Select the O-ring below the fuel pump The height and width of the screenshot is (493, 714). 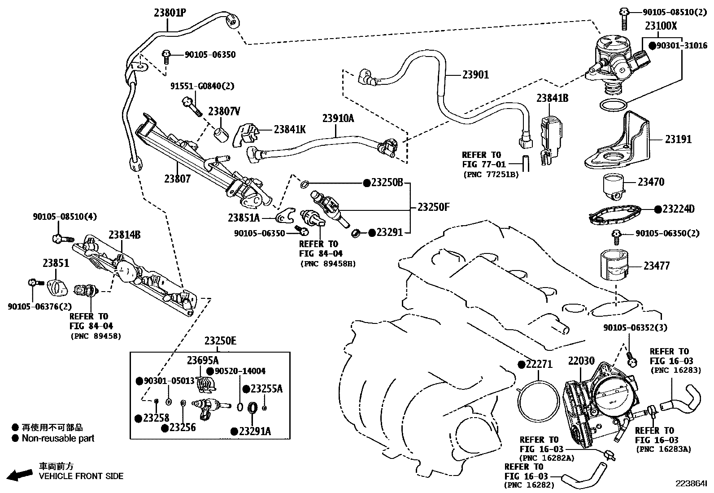pyautogui.click(x=613, y=105)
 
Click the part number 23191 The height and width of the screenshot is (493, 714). pyautogui.click(x=678, y=140)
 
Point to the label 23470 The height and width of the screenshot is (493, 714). pyautogui.click(x=651, y=182)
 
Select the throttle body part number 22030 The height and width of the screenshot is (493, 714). pyautogui.click(x=582, y=361)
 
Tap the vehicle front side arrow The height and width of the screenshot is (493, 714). pyautogui.click(x=20, y=474)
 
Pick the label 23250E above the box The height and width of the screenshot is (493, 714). pyautogui.click(x=220, y=341)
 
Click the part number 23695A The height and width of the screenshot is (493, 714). pyautogui.click(x=203, y=360)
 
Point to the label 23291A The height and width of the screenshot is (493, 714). pyautogui.click(x=255, y=432)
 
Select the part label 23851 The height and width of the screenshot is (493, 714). pyautogui.click(x=56, y=263)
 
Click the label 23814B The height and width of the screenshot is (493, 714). pyautogui.click(x=124, y=235)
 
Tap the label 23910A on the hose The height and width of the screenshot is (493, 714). pyautogui.click(x=338, y=118)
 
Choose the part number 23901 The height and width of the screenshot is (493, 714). pyautogui.click(x=475, y=75)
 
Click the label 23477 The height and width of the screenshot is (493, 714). pyautogui.click(x=656, y=266)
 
